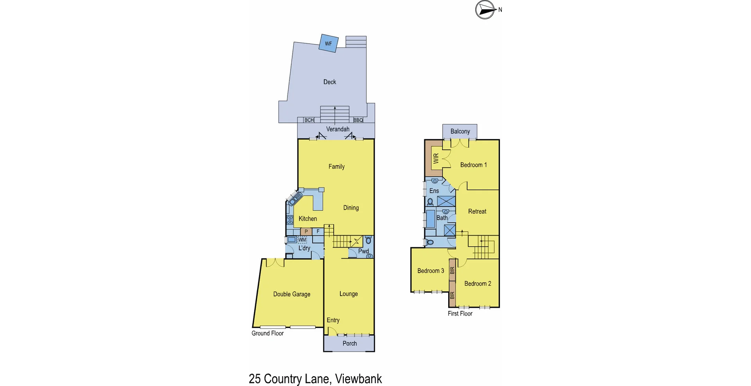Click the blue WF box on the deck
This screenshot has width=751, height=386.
[328, 43]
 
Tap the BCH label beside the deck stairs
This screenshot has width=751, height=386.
[309, 120]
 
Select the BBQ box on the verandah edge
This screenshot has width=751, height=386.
[358, 120]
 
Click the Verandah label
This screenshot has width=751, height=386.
[338, 129]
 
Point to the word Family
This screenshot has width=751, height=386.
[336, 167]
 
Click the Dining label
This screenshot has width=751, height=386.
[351, 208]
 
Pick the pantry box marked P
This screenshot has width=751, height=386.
[306, 232]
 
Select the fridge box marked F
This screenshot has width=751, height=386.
[318, 232]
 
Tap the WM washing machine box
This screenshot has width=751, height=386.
[302, 240]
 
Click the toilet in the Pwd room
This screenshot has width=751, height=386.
[368, 240]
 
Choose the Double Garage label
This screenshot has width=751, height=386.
[292, 294]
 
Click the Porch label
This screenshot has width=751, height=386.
[350, 343]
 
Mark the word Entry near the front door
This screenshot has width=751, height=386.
[333, 320]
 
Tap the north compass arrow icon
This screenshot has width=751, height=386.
[485, 10]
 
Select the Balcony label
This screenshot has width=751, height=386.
[460, 131]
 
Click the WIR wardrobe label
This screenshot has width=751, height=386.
[436, 158]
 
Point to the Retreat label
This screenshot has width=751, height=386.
[477, 212]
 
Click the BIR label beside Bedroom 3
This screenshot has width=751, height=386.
[452, 270]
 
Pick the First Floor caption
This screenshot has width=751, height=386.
[460, 314]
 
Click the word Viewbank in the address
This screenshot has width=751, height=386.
[358, 379]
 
